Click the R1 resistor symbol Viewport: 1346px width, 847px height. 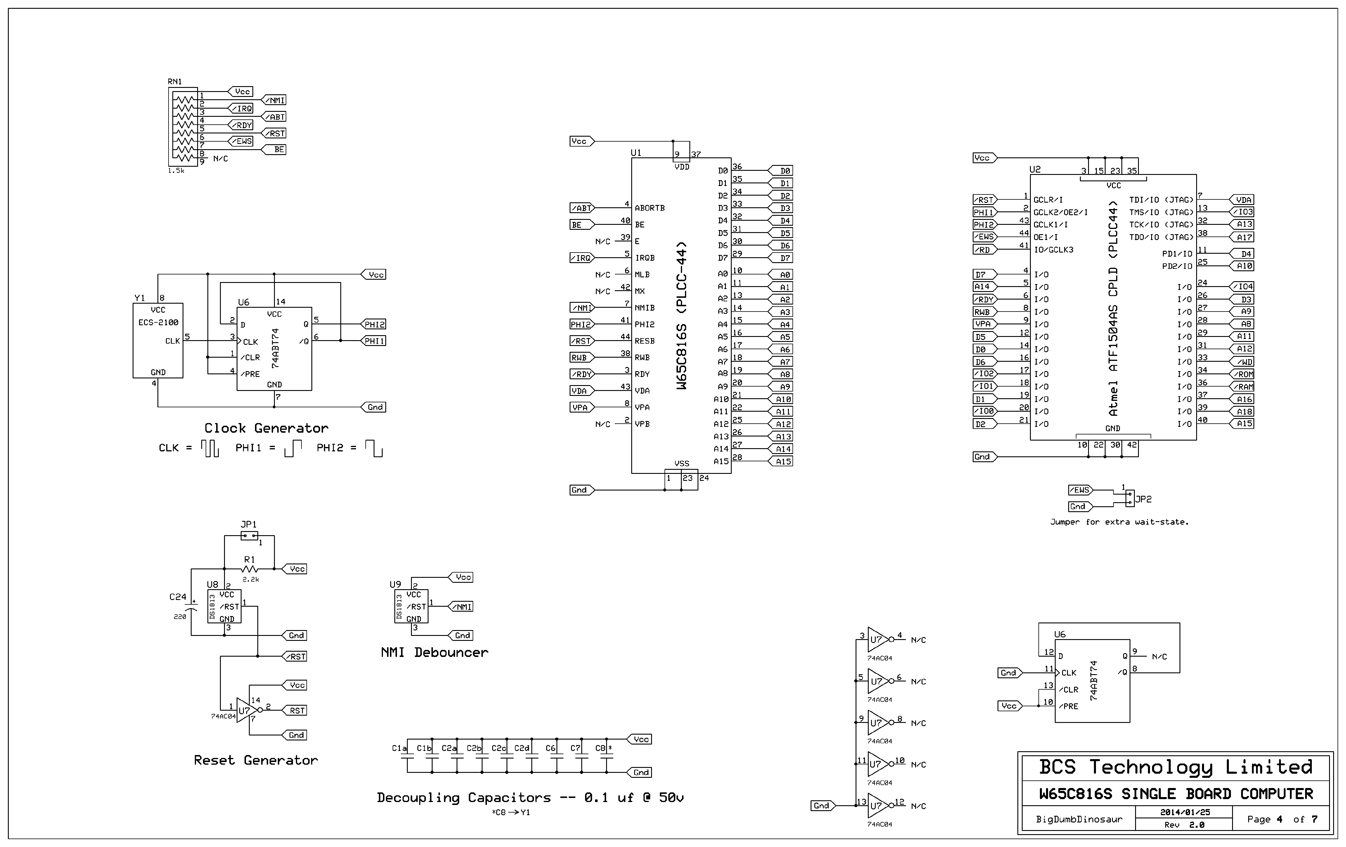click(249, 569)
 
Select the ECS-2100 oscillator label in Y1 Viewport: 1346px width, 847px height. click(158, 322)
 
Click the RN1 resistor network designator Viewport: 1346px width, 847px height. click(175, 81)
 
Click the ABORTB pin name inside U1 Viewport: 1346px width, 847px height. click(650, 208)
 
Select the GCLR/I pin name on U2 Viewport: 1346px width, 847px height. click(1048, 199)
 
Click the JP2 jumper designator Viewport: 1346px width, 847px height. click(1143, 499)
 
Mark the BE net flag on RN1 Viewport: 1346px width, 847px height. click(278, 150)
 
